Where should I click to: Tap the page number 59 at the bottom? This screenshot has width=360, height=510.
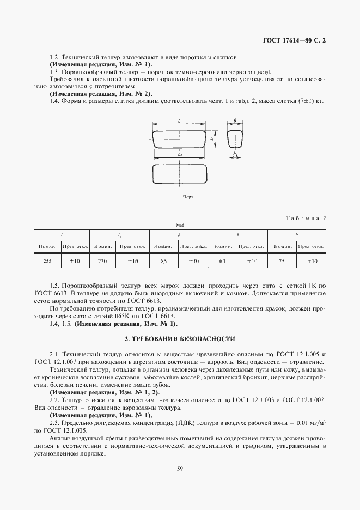coord(179,467)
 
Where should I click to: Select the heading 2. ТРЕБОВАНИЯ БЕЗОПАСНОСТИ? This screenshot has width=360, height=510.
coord(180,339)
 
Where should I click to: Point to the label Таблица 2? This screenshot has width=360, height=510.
coord(306,218)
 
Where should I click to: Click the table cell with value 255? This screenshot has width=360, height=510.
coord(47,262)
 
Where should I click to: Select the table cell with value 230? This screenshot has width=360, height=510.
coord(103,262)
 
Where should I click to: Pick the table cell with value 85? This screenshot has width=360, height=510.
coord(163,262)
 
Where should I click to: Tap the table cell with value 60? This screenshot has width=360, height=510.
coord(222,262)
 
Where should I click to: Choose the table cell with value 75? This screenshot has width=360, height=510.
coord(282,262)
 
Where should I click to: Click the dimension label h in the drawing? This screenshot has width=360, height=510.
coord(210,139)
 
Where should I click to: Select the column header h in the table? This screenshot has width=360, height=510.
coord(296,235)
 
